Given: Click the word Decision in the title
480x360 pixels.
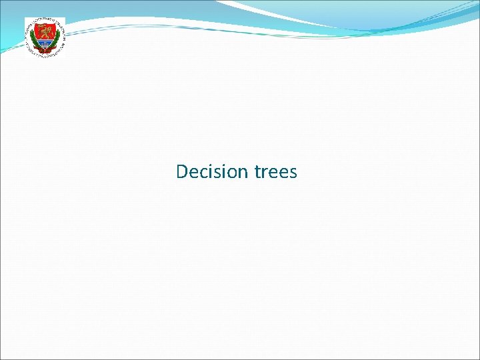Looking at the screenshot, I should (211, 172).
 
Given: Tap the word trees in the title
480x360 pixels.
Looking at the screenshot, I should (276, 172).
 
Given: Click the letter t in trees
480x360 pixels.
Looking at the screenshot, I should (258, 172).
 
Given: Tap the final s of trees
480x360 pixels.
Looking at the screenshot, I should (293, 173).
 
